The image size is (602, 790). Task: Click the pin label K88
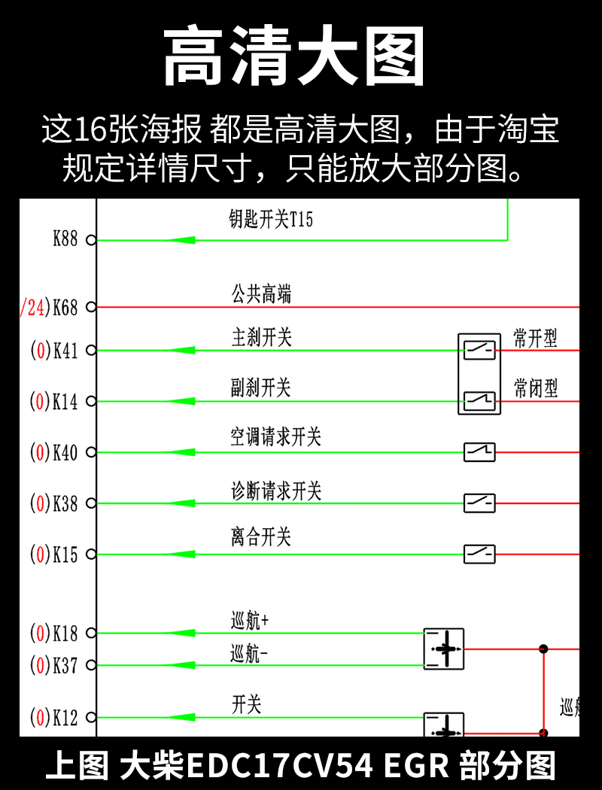(65, 240)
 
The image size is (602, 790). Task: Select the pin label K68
(65, 308)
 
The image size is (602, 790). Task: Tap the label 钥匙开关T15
(270, 220)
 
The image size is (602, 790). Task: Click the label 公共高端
(260, 294)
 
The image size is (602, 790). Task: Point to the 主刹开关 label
(260, 338)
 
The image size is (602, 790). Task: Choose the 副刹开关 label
(260, 388)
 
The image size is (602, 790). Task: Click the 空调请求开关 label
(275, 437)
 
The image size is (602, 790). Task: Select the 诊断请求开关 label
(275, 491)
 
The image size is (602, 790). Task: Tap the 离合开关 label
(260, 537)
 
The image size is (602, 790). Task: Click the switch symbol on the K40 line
(479, 451)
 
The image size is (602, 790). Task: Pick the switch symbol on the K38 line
(479, 503)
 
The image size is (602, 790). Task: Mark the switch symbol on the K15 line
(479, 555)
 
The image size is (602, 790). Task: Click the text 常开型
(536, 338)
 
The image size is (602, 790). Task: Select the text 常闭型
(536, 388)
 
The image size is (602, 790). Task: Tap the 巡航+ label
(249, 621)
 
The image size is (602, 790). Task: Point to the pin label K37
(65, 666)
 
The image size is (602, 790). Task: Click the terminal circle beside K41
(91, 351)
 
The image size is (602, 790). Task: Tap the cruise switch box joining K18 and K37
(444, 649)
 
